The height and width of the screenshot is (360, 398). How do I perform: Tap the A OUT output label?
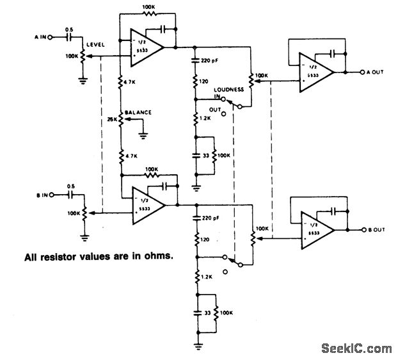pyautogui.click(x=374, y=72)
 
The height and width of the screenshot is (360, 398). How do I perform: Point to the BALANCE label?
pyautogui.click(x=138, y=112)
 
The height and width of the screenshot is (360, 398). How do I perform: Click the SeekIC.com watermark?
pyautogui.click(x=357, y=348)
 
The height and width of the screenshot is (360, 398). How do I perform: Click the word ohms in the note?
pyautogui.click(x=160, y=259)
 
